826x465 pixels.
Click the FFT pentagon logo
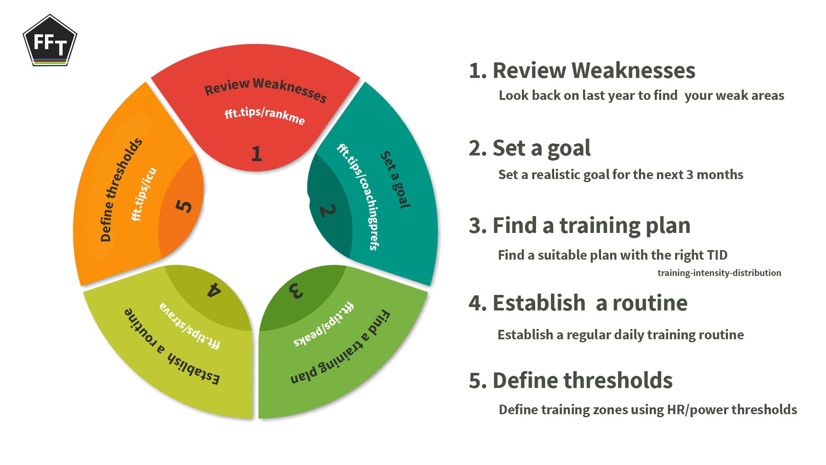click(x=50, y=41)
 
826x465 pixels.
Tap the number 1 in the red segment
click(x=256, y=154)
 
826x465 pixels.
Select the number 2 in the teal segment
click(x=327, y=211)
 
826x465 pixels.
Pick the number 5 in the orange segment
click(x=184, y=205)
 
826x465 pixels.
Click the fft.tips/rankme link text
click(x=265, y=115)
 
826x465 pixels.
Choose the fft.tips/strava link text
click(x=190, y=326)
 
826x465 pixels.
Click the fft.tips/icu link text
click(x=144, y=194)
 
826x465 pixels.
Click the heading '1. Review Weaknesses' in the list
click(x=582, y=70)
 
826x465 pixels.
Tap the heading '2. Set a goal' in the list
click(x=530, y=148)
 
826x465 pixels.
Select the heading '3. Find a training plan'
click(x=579, y=226)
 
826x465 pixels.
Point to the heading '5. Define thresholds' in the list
click(x=570, y=381)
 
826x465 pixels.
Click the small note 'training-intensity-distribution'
click(x=719, y=273)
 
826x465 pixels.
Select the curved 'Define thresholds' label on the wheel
click(x=121, y=190)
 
